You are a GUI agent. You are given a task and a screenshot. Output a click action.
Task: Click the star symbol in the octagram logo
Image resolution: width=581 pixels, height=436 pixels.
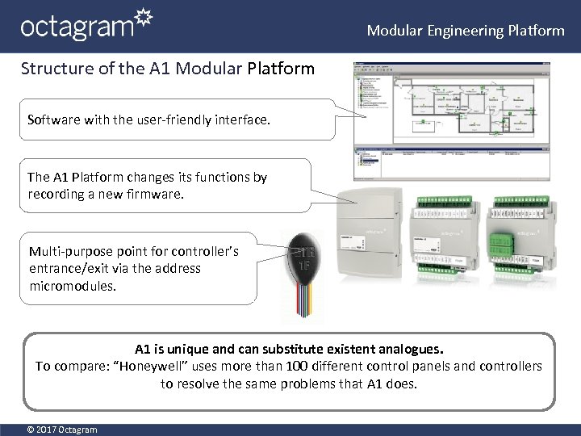143,17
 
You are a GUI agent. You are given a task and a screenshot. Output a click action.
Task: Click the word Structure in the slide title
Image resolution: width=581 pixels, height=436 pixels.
50,69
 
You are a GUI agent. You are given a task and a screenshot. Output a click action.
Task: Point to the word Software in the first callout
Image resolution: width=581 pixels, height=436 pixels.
53,119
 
